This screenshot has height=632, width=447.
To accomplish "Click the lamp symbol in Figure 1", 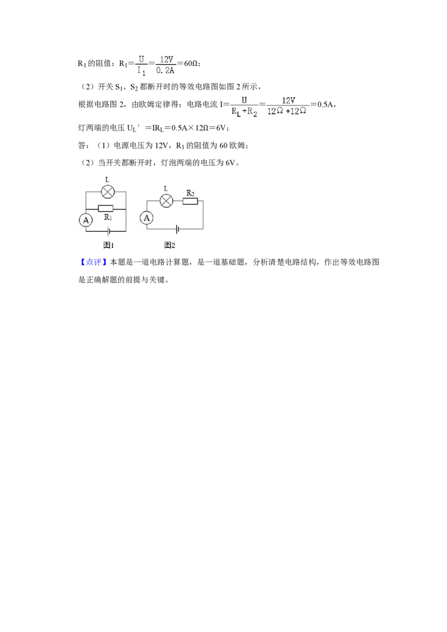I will pyautogui.click(x=108, y=192).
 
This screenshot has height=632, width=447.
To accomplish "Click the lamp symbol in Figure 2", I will pyautogui.click(x=166, y=201).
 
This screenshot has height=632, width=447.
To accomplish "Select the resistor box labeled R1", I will pyautogui.click(x=106, y=209).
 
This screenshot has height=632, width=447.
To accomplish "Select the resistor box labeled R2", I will pyautogui.click(x=190, y=200).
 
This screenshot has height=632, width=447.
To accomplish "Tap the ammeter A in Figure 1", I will pyautogui.click(x=86, y=221).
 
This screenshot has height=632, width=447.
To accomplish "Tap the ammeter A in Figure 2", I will pyautogui.click(x=147, y=218).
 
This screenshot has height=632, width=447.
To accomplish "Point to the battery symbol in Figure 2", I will pyautogui.click(x=177, y=228).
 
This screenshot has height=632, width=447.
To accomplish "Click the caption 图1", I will pyautogui.click(x=108, y=245).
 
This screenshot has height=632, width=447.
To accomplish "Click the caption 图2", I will pyautogui.click(x=170, y=245).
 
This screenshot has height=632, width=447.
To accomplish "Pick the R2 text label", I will pyautogui.click(x=191, y=193).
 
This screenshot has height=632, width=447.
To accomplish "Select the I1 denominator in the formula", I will pyautogui.click(x=142, y=71).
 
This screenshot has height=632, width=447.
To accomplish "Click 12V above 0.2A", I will pyautogui.click(x=167, y=59).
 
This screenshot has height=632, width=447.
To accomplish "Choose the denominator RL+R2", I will pyautogui.click(x=244, y=111).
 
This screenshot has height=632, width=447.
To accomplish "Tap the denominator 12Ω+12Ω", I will pyautogui.click(x=288, y=111).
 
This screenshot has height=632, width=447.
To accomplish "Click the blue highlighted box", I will pyautogui.click(x=93, y=261).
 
